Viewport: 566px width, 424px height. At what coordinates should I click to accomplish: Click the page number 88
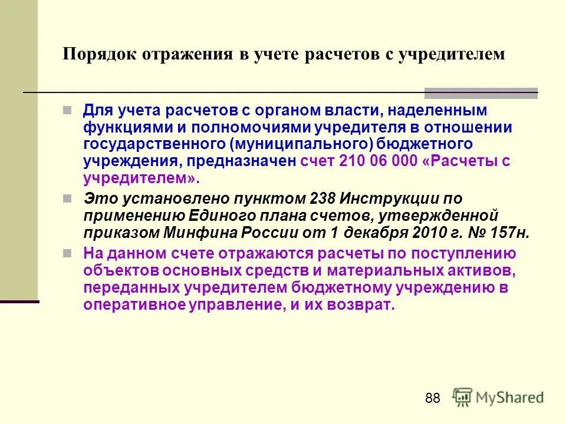click(x=432, y=399)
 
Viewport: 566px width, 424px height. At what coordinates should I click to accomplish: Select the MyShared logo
click(x=498, y=397)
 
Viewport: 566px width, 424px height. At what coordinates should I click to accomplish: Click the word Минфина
click(x=199, y=231)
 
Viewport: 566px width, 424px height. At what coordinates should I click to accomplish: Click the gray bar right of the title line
click(x=481, y=92)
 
